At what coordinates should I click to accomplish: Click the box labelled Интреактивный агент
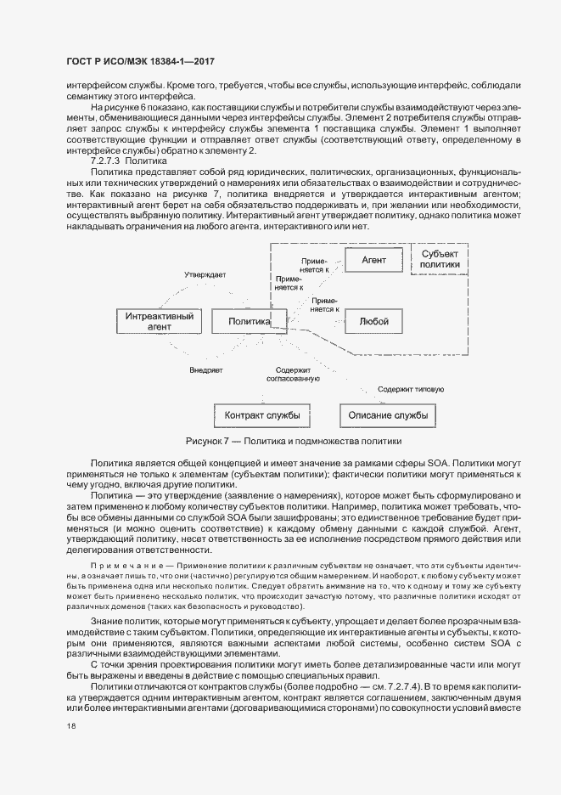(159, 321)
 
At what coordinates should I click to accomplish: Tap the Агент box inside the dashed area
(373, 258)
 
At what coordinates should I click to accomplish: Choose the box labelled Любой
(373, 322)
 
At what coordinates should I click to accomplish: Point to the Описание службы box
(389, 415)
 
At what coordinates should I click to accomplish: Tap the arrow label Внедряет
(205, 370)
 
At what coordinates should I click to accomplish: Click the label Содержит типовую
(411, 389)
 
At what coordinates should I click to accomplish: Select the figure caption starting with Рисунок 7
(293, 442)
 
